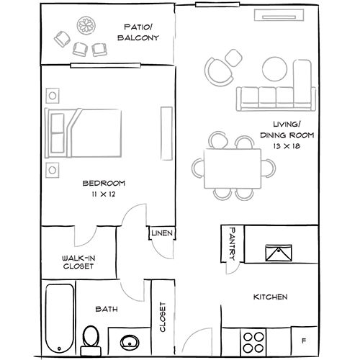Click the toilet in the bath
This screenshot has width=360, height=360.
pos(91,341)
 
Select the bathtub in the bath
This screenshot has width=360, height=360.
pos(60,318)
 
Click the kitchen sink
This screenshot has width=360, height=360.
pos(279,253)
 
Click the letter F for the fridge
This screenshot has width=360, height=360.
pos(304,341)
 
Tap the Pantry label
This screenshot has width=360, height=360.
pos(233,244)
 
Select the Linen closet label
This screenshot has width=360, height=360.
pos(162,233)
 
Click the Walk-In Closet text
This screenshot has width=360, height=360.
pos(78,262)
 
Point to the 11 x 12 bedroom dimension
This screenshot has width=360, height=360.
pos(104,194)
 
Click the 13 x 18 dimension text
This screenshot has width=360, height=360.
pos(287,146)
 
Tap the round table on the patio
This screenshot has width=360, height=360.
pos(86,25)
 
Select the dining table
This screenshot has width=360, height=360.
pos(233,168)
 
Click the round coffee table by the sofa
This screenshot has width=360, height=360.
pos(274,69)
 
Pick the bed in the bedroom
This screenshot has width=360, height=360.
pos(83,133)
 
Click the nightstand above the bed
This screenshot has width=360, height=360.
pos(53,96)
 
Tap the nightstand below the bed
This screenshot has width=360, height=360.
pos(53,170)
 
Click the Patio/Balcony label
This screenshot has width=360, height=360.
pos(138,32)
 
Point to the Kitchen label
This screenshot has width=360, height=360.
pos(271,297)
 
